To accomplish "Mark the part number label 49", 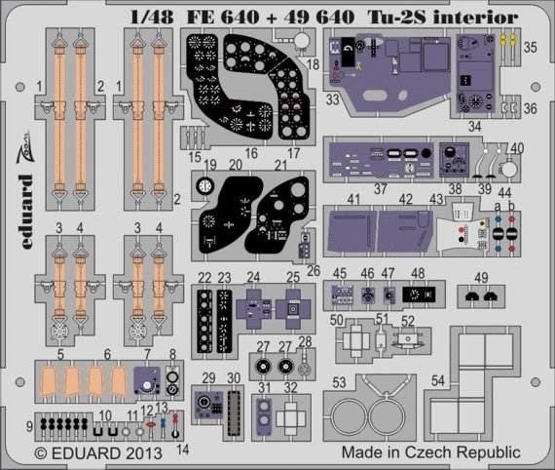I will coord(481,277).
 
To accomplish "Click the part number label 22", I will coord(203,278).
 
